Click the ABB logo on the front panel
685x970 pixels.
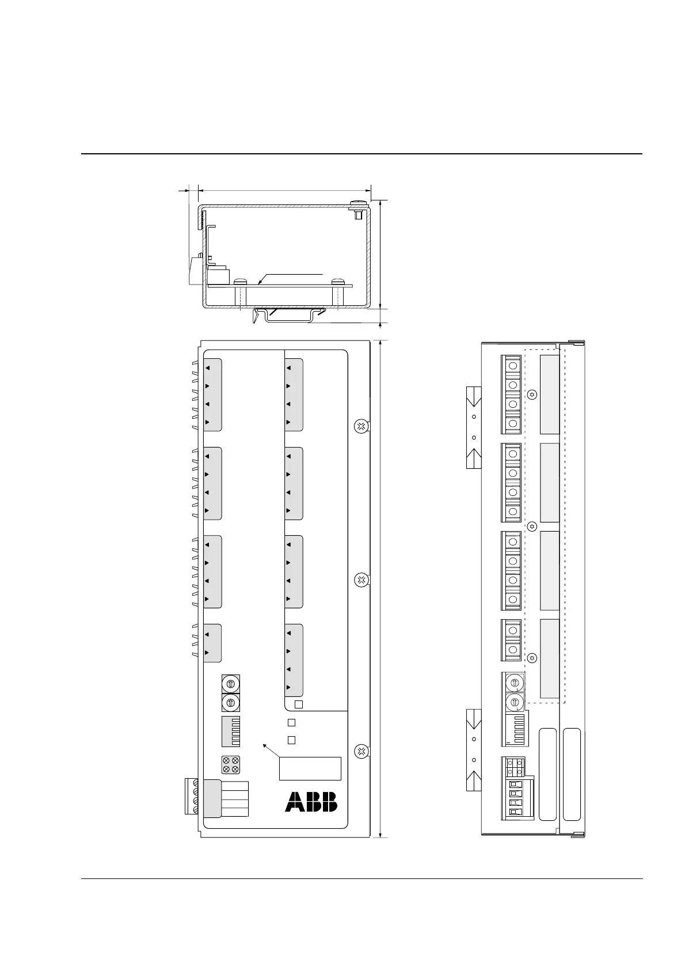[x=311, y=801]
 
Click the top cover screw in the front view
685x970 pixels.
[x=360, y=426]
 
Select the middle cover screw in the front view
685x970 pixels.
[x=360, y=579]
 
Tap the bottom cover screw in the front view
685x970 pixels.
[x=360, y=751]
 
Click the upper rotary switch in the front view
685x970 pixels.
[x=230, y=684]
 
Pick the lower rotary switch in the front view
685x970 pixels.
[x=230, y=702]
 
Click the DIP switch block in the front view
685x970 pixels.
[x=230, y=732]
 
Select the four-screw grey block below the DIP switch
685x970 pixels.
[x=230, y=765]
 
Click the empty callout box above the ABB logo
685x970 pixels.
[x=310, y=768]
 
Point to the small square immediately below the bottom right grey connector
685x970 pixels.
[x=298, y=704]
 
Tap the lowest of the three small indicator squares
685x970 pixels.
[x=291, y=740]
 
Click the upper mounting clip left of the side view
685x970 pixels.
[x=474, y=426]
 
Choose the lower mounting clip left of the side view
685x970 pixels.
[x=474, y=749]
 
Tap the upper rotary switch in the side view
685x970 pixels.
[x=515, y=683]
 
